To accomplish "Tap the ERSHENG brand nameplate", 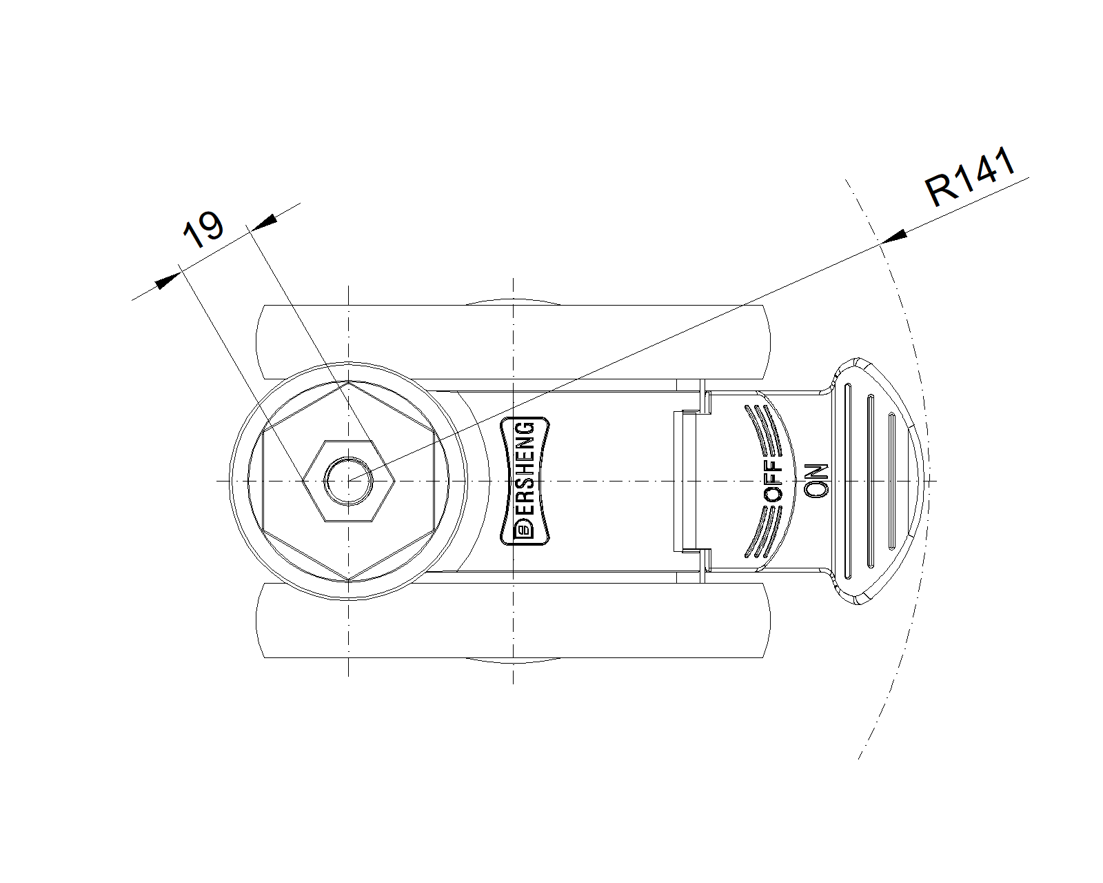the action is click(525, 481).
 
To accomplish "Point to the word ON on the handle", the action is click(816, 481).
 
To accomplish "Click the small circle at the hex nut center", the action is click(349, 481).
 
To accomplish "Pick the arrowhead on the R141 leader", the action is click(894, 237).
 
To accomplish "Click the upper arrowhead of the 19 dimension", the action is click(265, 221).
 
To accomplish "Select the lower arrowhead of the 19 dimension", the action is click(167, 281).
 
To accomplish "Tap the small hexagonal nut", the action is click(349, 481).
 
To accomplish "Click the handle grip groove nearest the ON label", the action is click(848, 481).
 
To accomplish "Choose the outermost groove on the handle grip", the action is click(892, 481).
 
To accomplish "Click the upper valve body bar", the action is click(512, 342).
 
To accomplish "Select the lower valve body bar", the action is click(512, 620).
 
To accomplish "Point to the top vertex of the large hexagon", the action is click(349, 382).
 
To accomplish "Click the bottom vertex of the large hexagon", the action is click(349, 579).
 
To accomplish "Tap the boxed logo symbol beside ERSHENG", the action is click(525, 529).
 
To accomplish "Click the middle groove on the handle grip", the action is click(870, 481).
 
